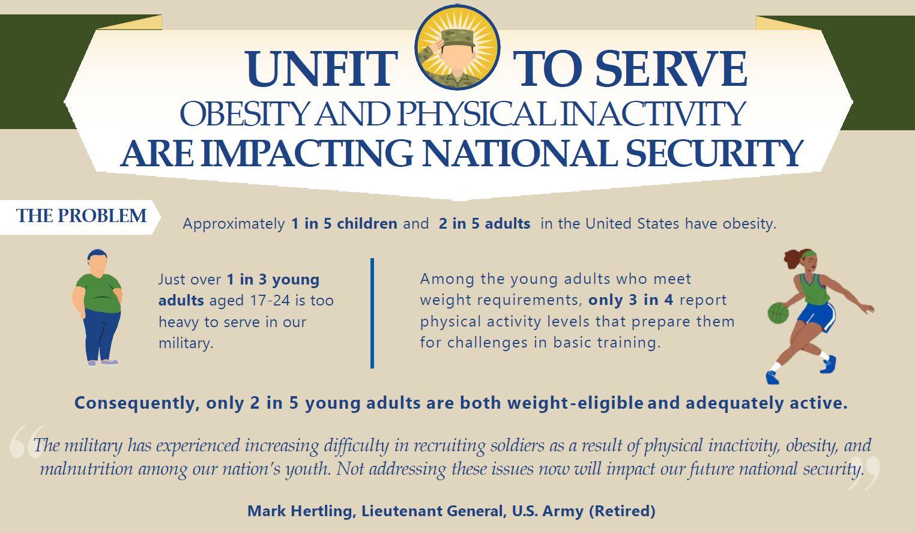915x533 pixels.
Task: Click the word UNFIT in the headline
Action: (x=322, y=70)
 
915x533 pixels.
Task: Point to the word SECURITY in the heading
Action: (x=714, y=154)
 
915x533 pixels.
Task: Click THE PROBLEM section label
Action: (x=81, y=216)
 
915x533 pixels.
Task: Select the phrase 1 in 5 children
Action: (x=344, y=224)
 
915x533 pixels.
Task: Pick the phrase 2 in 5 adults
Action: (x=485, y=224)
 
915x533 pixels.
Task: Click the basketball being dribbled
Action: (x=778, y=313)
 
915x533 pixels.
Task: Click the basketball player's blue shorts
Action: (x=817, y=315)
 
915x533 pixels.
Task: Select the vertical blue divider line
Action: (x=372, y=313)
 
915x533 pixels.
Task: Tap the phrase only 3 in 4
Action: (x=631, y=300)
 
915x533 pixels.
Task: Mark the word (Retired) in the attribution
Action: (x=622, y=511)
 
